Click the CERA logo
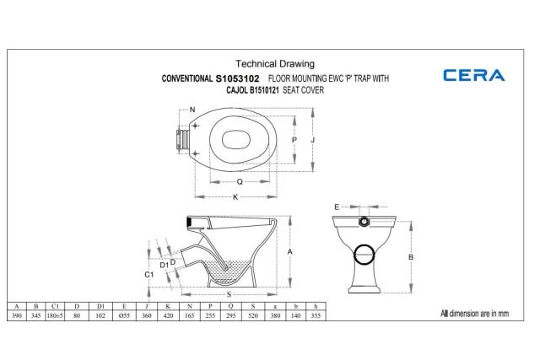click(473, 75)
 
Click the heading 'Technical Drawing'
click(274, 63)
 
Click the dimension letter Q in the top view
click(240, 180)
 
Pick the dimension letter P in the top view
click(294, 140)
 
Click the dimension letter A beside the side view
click(289, 252)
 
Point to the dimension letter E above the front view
click(336, 206)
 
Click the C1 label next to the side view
click(148, 275)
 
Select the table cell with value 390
click(17, 314)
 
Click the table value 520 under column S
click(252, 314)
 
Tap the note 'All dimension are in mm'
click(474, 313)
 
